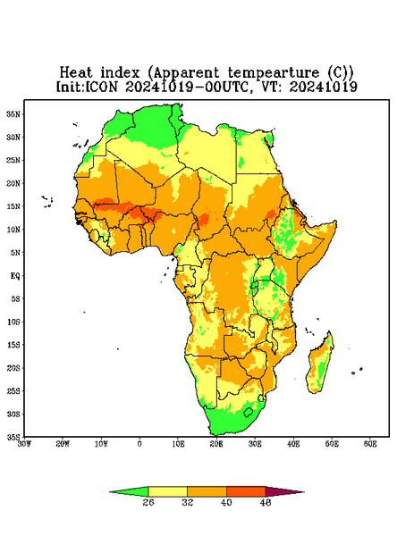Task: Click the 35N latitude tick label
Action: coord(13,114)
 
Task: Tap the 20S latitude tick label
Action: coord(13,368)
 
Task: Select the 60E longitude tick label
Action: coord(370,444)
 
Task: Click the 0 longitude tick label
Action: coord(139,444)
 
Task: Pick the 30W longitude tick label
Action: coord(24,444)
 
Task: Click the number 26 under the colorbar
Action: coord(148,502)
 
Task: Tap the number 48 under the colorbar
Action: coord(266,502)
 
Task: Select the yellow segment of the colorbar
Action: coord(167,491)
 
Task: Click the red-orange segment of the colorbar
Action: coord(246,491)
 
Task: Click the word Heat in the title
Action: coord(76,73)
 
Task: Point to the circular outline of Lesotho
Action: coord(248,412)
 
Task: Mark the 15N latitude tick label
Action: coord(13,206)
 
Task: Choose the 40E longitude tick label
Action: coord(293,444)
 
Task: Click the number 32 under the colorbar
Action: coord(188,502)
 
